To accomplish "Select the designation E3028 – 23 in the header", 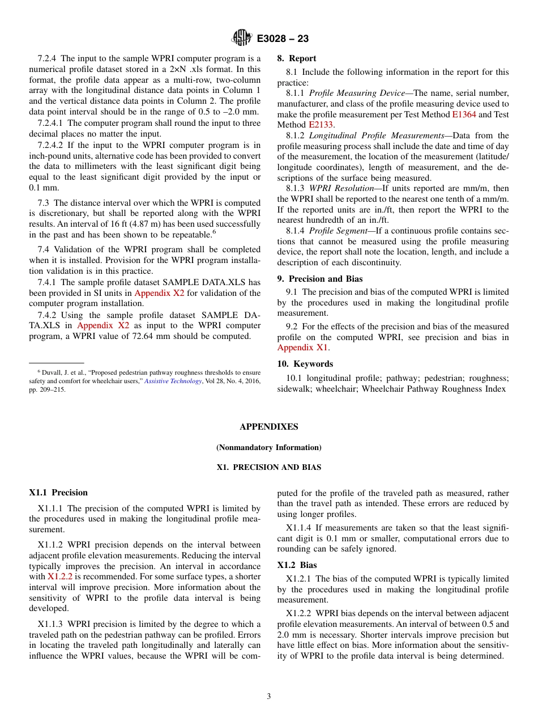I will click(x=283, y=39).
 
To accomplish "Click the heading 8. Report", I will click(x=296, y=58).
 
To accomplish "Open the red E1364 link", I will click(x=464, y=114).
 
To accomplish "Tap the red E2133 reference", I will click(x=321, y=125).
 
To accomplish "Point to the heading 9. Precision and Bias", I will click(x=319, y=278).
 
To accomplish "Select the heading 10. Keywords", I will click(x=305, y=364).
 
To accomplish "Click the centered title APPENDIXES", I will click(x=268, y=427).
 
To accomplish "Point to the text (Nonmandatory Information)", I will click(x=268, y=447).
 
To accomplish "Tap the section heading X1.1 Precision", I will click(x=58, y=493).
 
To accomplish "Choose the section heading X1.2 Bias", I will click(x=297, y=565).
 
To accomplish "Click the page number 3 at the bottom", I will click(x=269, y=696).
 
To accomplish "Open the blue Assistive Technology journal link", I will click(x=173, y=381).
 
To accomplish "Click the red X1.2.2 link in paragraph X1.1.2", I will click(x=59, y=576).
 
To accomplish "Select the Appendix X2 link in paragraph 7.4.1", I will click(x=158, y=293).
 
